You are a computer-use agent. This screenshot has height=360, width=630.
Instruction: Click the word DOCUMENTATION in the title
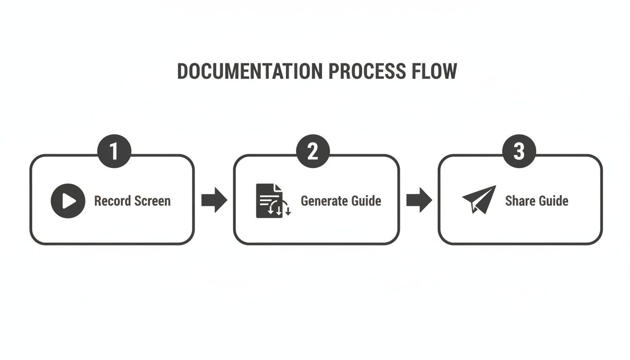250,71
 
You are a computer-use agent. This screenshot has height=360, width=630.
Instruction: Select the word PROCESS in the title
367,71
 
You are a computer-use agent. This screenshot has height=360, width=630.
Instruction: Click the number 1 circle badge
114,151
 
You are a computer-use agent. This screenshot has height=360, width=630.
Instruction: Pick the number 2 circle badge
313,151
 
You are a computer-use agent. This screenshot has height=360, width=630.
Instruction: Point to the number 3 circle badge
519,151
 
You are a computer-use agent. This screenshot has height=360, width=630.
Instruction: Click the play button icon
68,201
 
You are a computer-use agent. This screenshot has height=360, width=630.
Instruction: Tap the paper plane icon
479,199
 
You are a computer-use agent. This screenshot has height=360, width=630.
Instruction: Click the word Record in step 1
112,201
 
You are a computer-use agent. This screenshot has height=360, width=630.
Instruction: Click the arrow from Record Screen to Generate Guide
214,200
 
